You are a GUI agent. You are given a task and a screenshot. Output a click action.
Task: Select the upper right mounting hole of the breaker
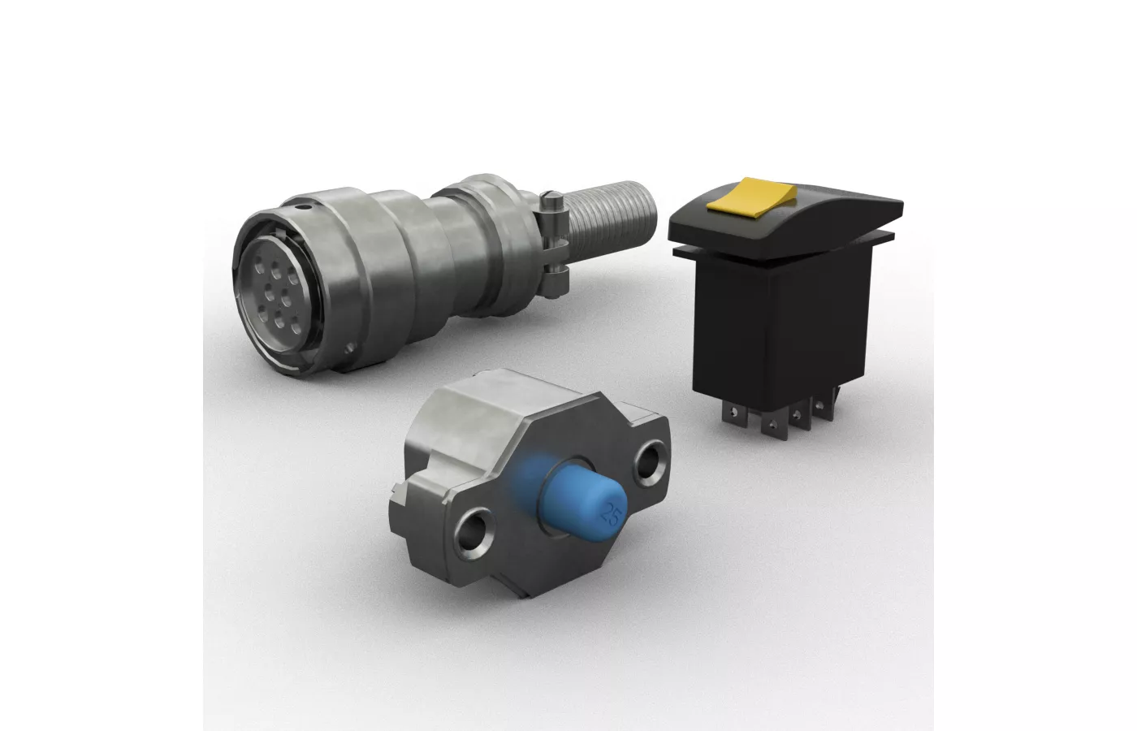tap(649, 462)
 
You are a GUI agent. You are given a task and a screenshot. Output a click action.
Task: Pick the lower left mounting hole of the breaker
tap(474, 533)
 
